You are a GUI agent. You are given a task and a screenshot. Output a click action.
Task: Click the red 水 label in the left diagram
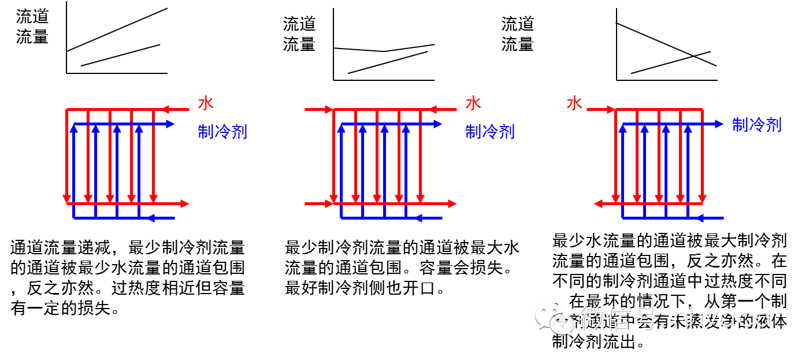[206, 103]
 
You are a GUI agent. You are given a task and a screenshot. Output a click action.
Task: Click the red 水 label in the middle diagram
[473, 103]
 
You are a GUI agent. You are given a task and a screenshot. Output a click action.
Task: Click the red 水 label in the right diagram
[574, 103]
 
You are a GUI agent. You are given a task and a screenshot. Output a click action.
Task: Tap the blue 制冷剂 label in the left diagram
[222, 132]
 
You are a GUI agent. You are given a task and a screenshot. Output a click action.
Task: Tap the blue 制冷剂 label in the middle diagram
[489, 132]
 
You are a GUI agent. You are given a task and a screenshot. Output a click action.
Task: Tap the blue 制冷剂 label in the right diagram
[756, 124]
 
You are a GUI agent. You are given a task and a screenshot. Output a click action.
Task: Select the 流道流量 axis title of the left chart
[32, 27]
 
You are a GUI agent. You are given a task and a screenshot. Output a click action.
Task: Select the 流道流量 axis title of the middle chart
[299, 34]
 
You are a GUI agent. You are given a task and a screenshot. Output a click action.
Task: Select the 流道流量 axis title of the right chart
[518, 34]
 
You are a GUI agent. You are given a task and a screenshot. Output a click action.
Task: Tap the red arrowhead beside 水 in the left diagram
[165, 109]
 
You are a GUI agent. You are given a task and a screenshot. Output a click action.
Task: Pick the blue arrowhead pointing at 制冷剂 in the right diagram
[718, 124]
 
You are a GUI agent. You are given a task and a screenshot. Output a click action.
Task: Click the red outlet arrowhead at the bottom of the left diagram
[184, 203]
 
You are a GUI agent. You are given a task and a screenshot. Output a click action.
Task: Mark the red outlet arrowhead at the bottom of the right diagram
[599, 203]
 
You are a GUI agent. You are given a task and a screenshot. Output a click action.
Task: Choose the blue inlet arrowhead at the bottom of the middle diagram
[420, 218]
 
